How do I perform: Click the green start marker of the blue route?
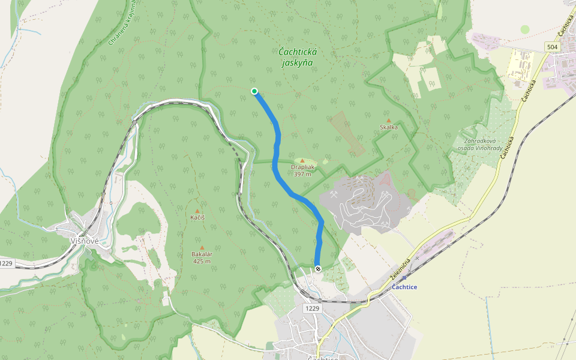[254, 91]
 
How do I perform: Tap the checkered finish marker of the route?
[317, 268]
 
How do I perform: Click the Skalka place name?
[389, 127]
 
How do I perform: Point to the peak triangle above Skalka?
[389, 120]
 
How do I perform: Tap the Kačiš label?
[197, 217]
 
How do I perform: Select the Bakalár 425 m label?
[201, 257]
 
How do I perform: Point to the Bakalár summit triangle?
[202, 247]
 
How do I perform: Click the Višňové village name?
[84, 241]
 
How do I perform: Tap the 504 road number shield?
[553, 47]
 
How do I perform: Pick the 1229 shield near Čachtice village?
[312, 308]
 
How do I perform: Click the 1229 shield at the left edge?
[6, 263]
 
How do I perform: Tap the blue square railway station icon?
[404, 278]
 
